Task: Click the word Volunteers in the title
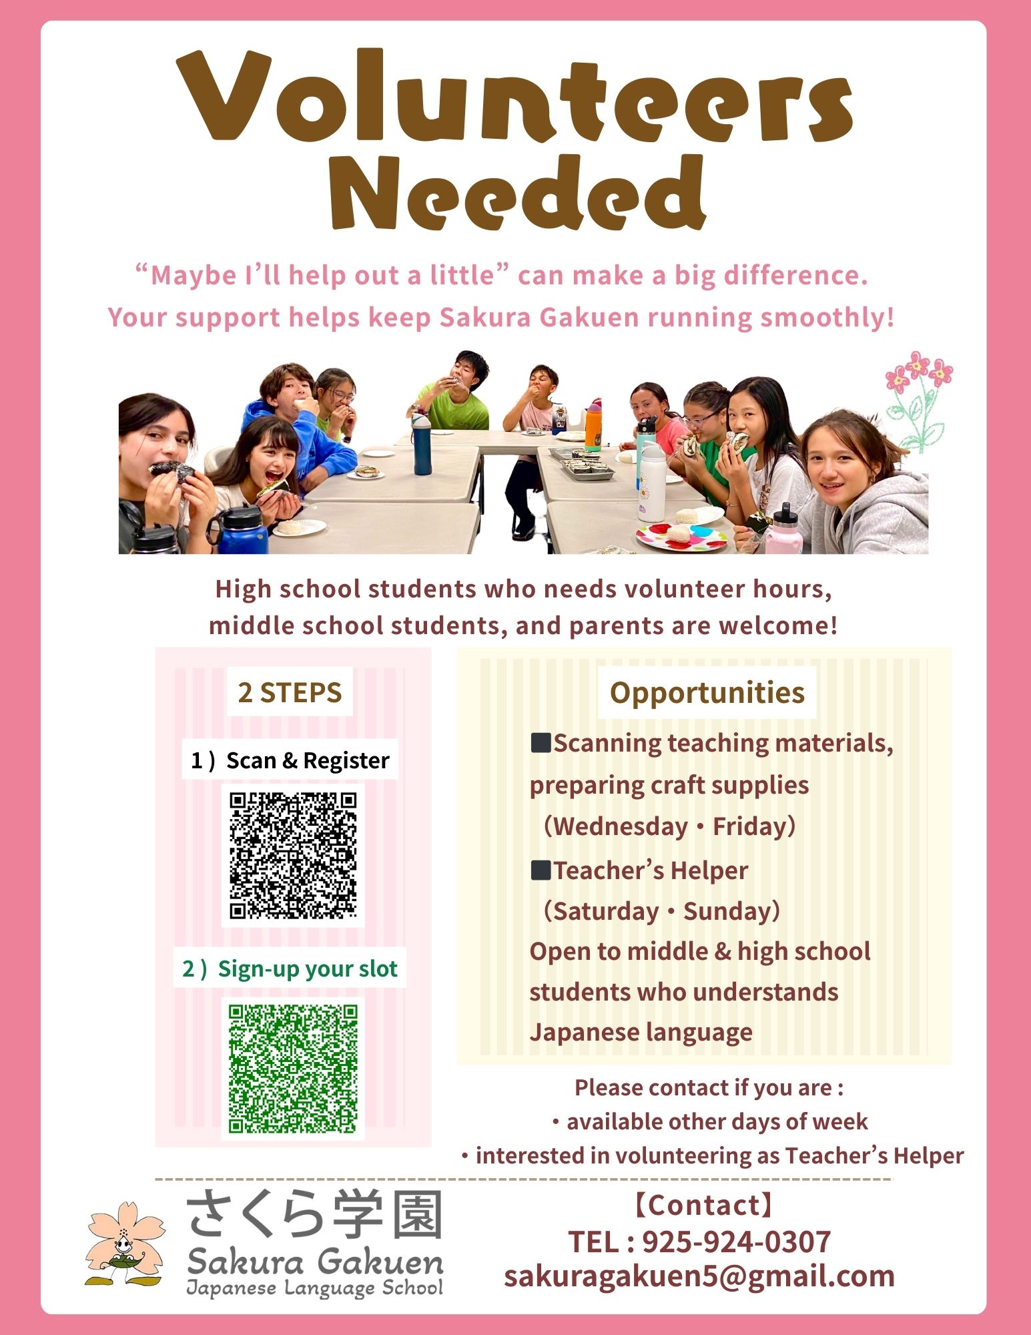pyautogui.click(x=514, y=97)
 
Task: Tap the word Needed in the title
pyautogui.click(x=517, y=194)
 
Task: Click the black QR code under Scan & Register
pyautogui.click(x=293, y=855)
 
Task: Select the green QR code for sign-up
pyautogui.click(x=293, y=1068)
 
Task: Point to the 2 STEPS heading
pyautogui.click(x=290, y=692)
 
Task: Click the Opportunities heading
pyautogui.click(x=707, y=692)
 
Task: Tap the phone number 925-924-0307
pyautogui.click(x=736, y=1242)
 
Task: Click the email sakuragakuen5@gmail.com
pyautogui.click(x=699, y=1276)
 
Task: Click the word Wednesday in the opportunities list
pyautogui.click(x=621, y=826)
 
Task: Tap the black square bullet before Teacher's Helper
pyautogui.click(x=541, y=870)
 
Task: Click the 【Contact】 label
pyautogui.click(x=703, y=1206)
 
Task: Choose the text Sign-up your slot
pyautogui.click(x=307, y=969)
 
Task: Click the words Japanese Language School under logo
pyautogui.click(x=314, y=1288)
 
